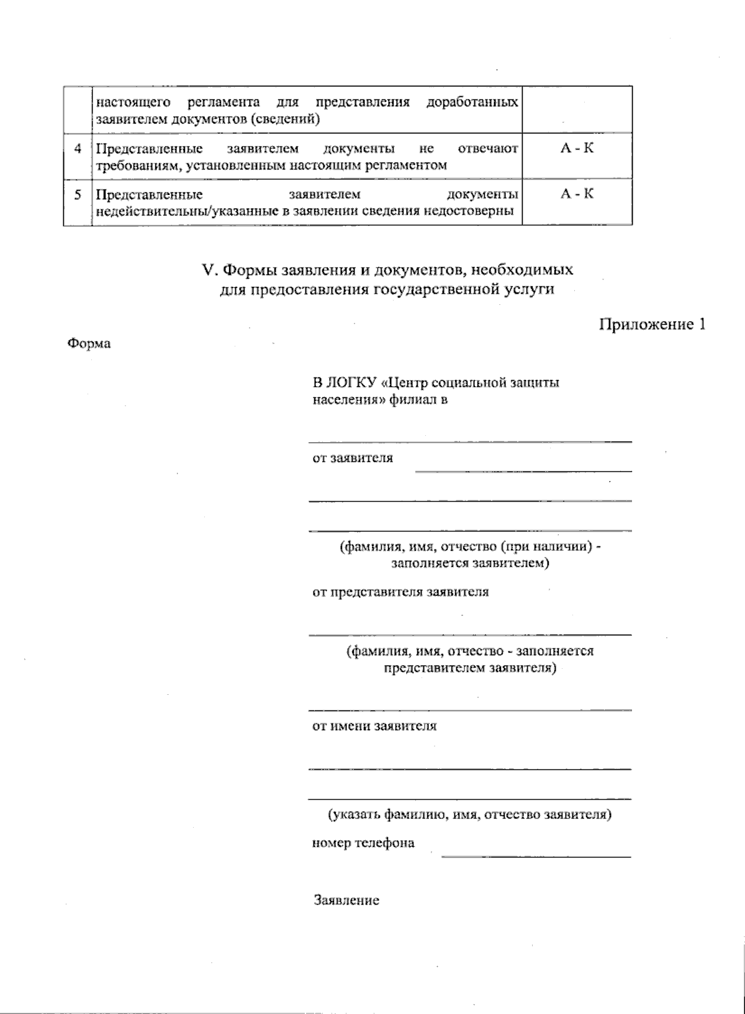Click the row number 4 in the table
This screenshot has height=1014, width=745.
pos(78,149)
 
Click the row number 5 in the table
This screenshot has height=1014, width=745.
pos(78,194)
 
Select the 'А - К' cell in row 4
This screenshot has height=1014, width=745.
pos(577,149)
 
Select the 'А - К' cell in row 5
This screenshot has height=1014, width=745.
pos(577,194)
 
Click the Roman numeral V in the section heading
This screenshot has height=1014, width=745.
pos(208,271)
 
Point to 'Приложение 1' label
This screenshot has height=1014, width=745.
pos(652,324)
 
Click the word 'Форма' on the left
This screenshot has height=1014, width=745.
pos(89,343)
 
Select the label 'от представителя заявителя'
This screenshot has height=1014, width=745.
pos(400,592)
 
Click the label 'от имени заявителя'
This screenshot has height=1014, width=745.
pos(374,726)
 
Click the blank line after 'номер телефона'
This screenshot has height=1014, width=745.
pos(536,857)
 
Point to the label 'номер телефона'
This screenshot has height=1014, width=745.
pos(363,843)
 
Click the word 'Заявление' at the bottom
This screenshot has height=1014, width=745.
pos(346,900)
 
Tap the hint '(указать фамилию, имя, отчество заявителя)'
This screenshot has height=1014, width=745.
pos(469,815)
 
